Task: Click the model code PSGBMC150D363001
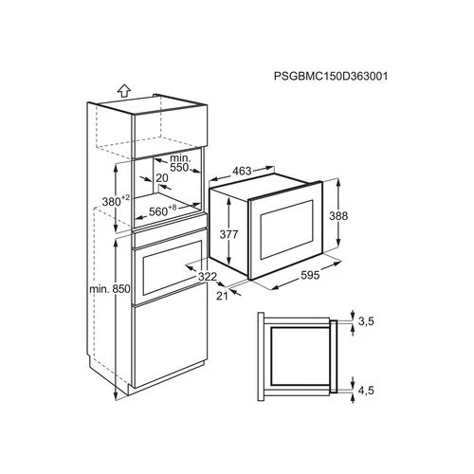pos(331,76)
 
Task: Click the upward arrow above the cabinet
pos(124,91)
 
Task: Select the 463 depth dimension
pos(242,171)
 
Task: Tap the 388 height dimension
pos(338,216)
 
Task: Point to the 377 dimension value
pos(228,234)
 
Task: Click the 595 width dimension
pos(310,275)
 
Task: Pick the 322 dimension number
pos(208,277)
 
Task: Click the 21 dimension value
pos(222,296)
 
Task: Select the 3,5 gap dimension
pos(366,321)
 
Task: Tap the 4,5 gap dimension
pos(366,391)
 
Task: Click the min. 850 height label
pos(110,289)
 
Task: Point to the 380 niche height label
pos(111,202)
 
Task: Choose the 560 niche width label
pos(158,211)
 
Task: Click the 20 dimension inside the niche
pos(162,178)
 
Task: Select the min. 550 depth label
pos(180,162)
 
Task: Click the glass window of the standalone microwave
pos(286,229)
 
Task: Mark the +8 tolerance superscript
pos(173,208)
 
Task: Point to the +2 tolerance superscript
pos(125,197)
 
